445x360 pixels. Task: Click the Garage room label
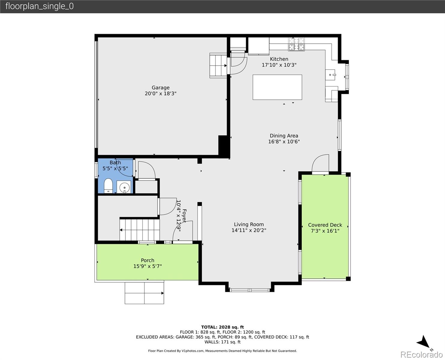160,88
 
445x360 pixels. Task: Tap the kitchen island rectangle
277,87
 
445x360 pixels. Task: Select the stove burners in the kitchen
296,44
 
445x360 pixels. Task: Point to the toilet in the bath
108,186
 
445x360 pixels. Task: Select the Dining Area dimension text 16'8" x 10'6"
284,142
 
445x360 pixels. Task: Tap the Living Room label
249,224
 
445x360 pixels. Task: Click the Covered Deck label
325,225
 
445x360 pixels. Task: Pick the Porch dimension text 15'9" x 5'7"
148,266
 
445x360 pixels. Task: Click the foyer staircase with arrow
139,230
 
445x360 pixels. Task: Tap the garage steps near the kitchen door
218,65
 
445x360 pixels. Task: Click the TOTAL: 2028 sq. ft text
222,327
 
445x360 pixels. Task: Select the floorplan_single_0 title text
39,6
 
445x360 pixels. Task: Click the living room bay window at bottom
249,290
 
